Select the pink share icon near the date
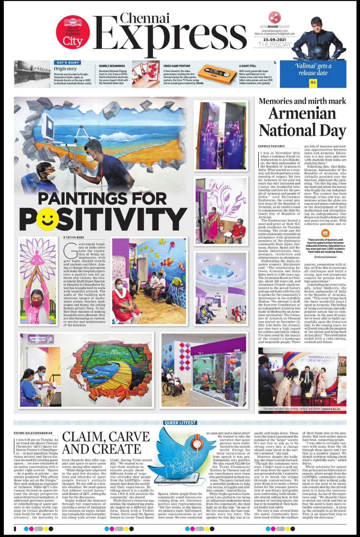(274, 17)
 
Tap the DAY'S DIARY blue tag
(68, 62)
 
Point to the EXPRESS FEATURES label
(271, 146)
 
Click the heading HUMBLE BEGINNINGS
(112, 66)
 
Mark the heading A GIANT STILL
(247, 66)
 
